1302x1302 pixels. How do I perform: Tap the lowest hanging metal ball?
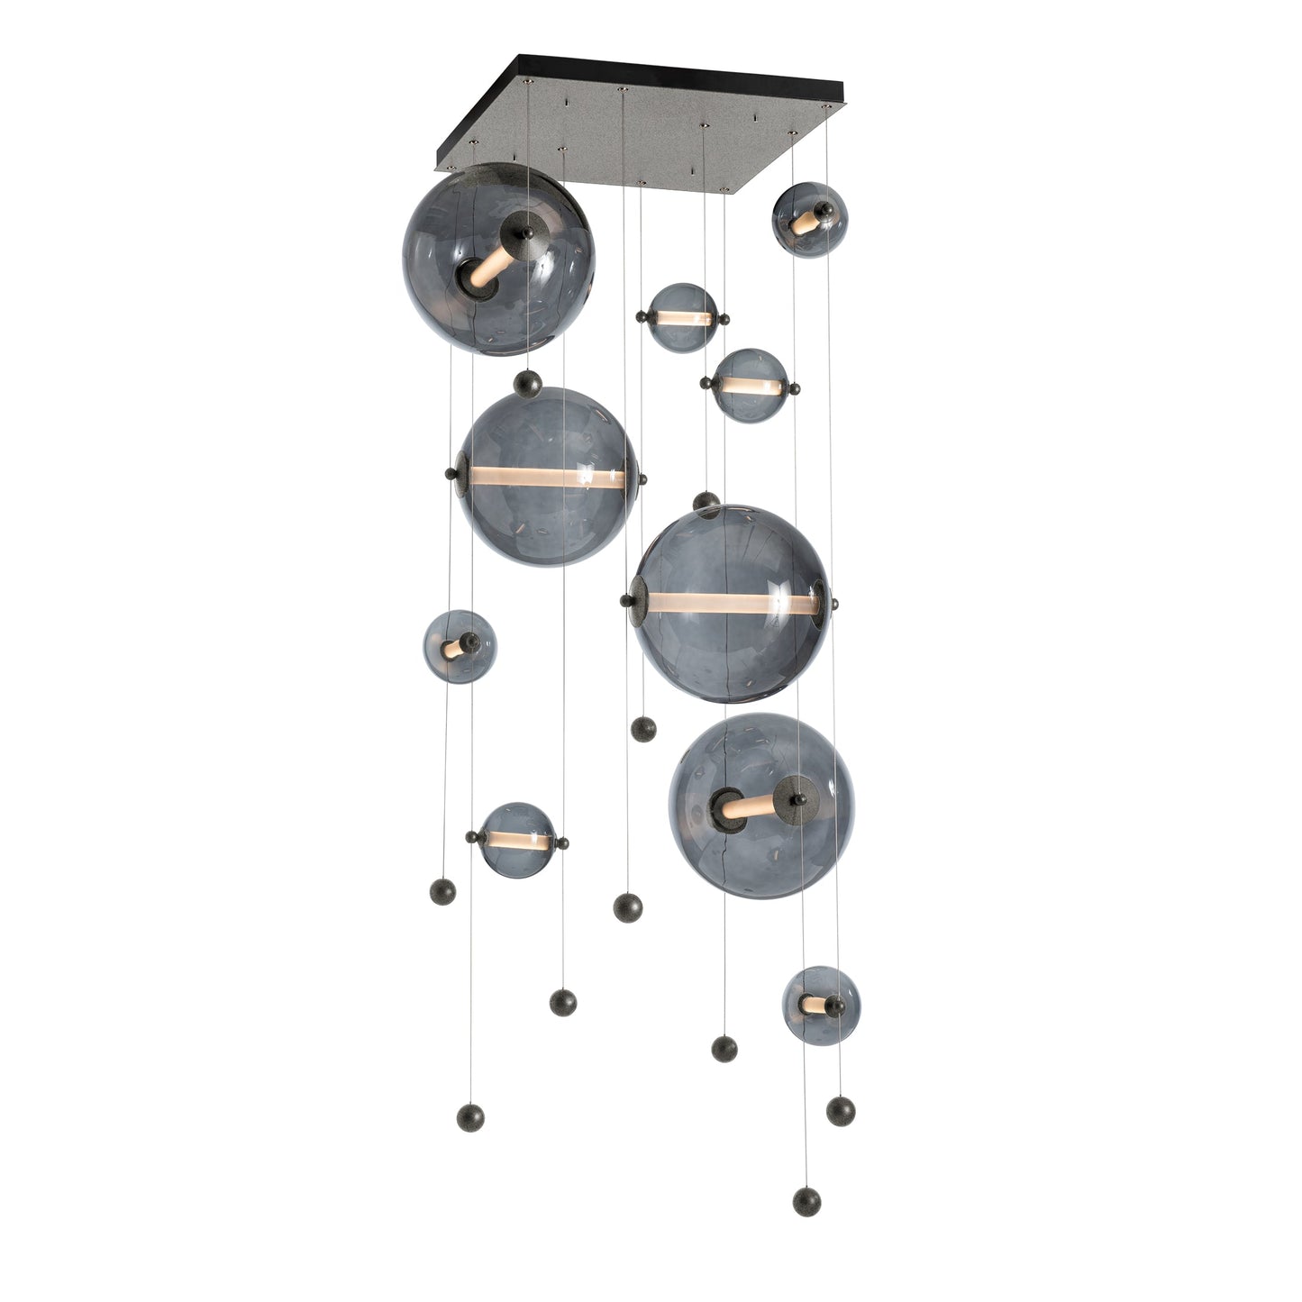[806, 1201]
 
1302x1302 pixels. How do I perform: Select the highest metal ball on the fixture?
[527, 386]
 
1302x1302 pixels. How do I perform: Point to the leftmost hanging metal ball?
[442, 891]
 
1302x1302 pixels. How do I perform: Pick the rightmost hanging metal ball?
[841, 1110]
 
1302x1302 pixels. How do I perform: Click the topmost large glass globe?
[498, 259]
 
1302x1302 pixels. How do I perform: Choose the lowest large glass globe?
[761, 806]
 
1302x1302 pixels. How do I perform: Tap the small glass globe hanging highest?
[809, 219]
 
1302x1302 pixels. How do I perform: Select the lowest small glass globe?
[821, 1005]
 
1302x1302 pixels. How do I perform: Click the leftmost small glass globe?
[459, 646]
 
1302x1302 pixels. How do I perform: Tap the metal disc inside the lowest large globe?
[796, 797]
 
